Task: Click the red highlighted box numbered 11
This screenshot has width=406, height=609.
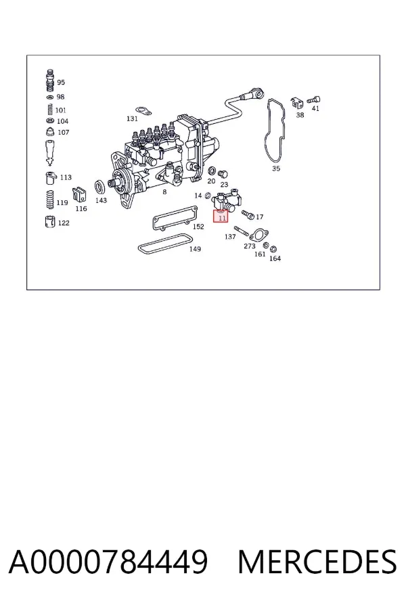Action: coord(221,216)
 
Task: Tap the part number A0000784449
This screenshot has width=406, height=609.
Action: coord(108,562)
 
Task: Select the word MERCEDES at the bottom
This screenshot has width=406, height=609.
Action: coord(317,562)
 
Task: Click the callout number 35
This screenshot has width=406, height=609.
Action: coord(276,168)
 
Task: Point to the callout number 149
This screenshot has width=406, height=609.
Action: coord(195,249)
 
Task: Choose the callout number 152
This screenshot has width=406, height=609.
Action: coord(198,227)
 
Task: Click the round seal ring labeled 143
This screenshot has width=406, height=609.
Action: coord(101,187)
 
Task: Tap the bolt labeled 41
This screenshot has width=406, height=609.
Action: coord(314,100)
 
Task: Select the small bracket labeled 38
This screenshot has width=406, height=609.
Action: coord(297,103)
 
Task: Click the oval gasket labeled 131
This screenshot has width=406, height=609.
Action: coord(143,112)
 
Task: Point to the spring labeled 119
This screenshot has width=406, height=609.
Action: coord(50,200)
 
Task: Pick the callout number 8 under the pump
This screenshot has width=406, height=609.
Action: coord(164,192)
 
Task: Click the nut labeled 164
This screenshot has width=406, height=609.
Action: coord(273,248)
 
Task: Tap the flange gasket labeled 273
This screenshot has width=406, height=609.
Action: coord(258,235)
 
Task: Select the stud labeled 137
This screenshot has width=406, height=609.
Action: coord(242,231)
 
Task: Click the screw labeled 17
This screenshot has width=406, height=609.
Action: coord(248,214)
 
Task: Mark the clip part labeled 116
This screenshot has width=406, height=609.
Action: coord(79,195)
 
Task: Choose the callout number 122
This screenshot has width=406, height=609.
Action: coord(64,223)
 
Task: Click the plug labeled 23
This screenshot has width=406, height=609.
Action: coord(223,174)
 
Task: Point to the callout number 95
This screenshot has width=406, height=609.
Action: coord(61,83)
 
